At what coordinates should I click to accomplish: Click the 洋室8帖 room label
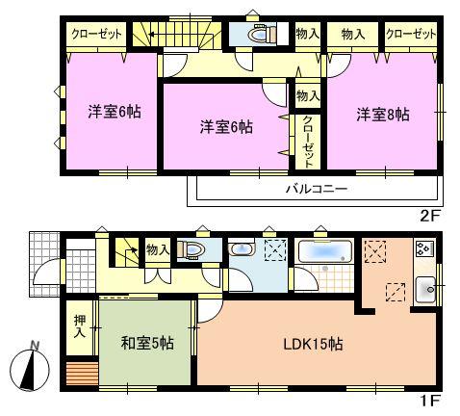coord(383,115)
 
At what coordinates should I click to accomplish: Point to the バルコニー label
coord(316,190)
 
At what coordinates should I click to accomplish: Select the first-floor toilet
coord(193,249)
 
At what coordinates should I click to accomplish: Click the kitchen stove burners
coord(423,249)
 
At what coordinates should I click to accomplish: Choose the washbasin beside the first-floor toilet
coord(240,251)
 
